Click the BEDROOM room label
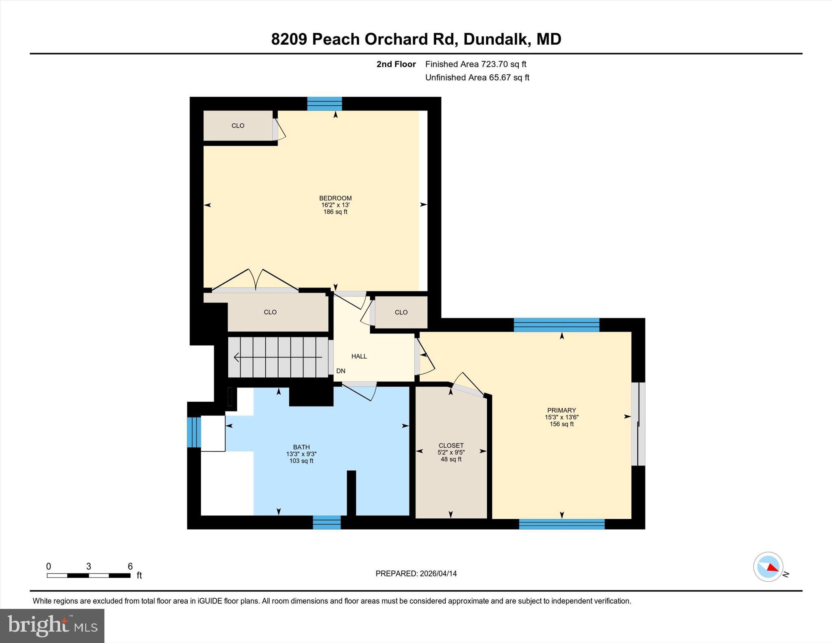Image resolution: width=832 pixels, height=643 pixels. (335, 198)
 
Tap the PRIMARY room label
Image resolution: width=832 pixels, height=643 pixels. (561, 410)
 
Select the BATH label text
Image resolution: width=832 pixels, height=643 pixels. (301, 447)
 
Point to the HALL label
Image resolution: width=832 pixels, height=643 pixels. (359, 356)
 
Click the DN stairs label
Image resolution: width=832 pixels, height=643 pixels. (341, 371)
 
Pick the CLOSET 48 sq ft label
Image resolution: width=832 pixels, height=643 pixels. (451, 452)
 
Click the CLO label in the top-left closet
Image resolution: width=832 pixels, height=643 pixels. (238, 126)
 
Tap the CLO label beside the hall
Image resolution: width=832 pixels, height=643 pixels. (401, 312)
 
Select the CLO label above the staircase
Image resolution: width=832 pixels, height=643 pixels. (270, 312)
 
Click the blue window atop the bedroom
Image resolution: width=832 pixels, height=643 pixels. (325, 104)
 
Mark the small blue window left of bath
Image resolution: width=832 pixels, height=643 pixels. (194, 432)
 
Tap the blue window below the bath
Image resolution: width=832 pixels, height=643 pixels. (327, 522)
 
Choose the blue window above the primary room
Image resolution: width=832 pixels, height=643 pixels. (556, 325)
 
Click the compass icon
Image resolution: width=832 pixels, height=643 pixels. (768, 567)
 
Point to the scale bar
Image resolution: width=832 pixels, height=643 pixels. (89, 575)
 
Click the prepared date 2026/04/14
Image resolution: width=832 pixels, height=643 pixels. (438, 574)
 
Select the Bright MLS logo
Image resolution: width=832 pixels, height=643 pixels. (52, 626)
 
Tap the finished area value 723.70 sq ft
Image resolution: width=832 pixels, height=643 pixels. (503, 64)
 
